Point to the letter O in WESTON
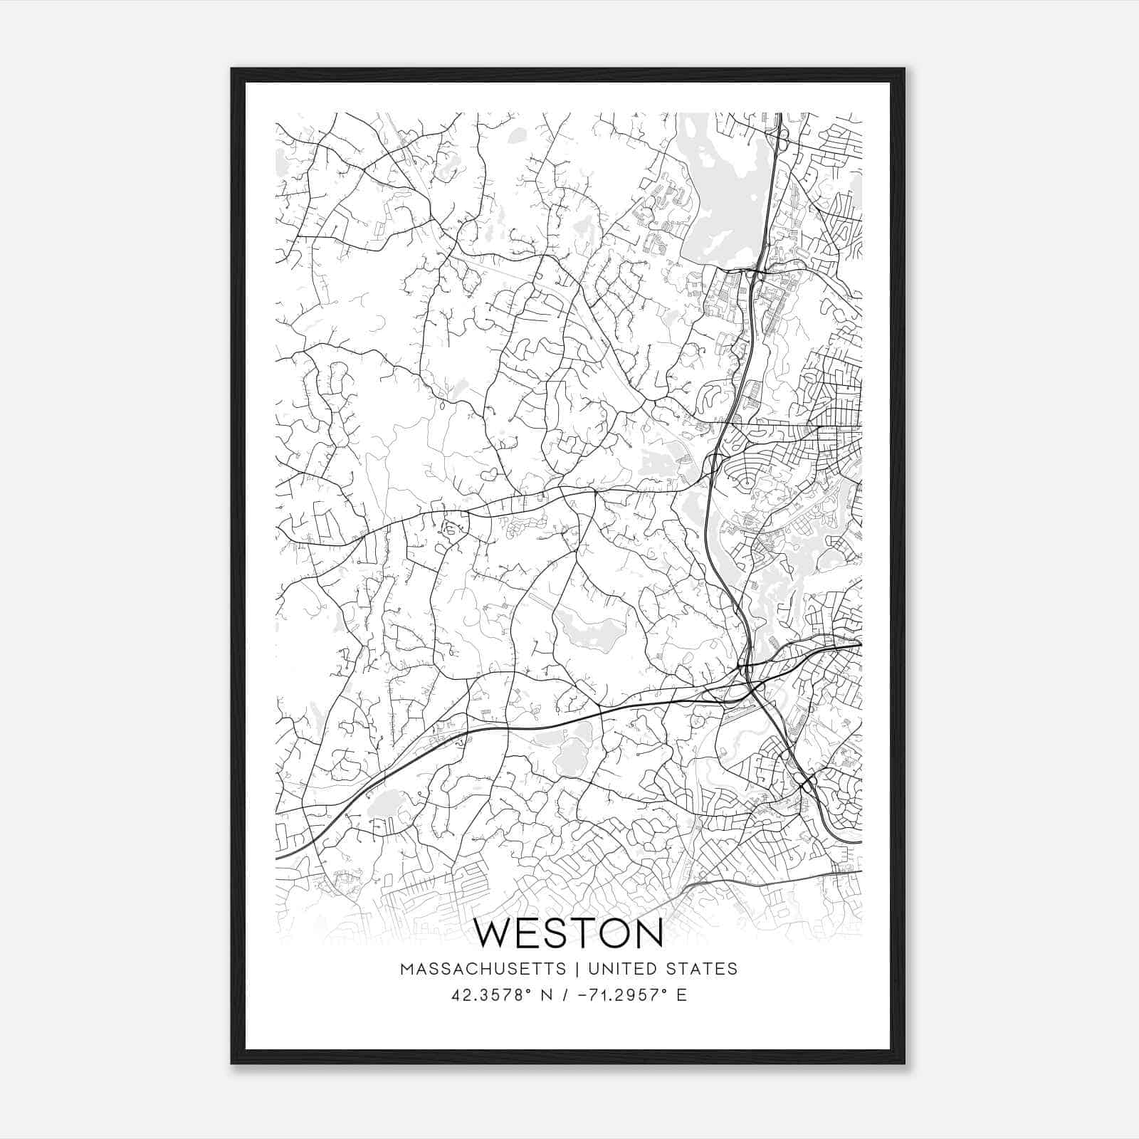612,933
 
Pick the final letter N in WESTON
648,933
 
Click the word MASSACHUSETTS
483,969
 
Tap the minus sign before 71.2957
582,995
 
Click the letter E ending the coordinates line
682,995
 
